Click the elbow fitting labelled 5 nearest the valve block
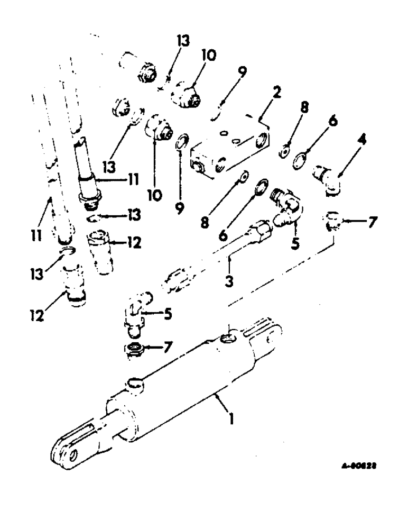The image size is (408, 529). tap(288, 204)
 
